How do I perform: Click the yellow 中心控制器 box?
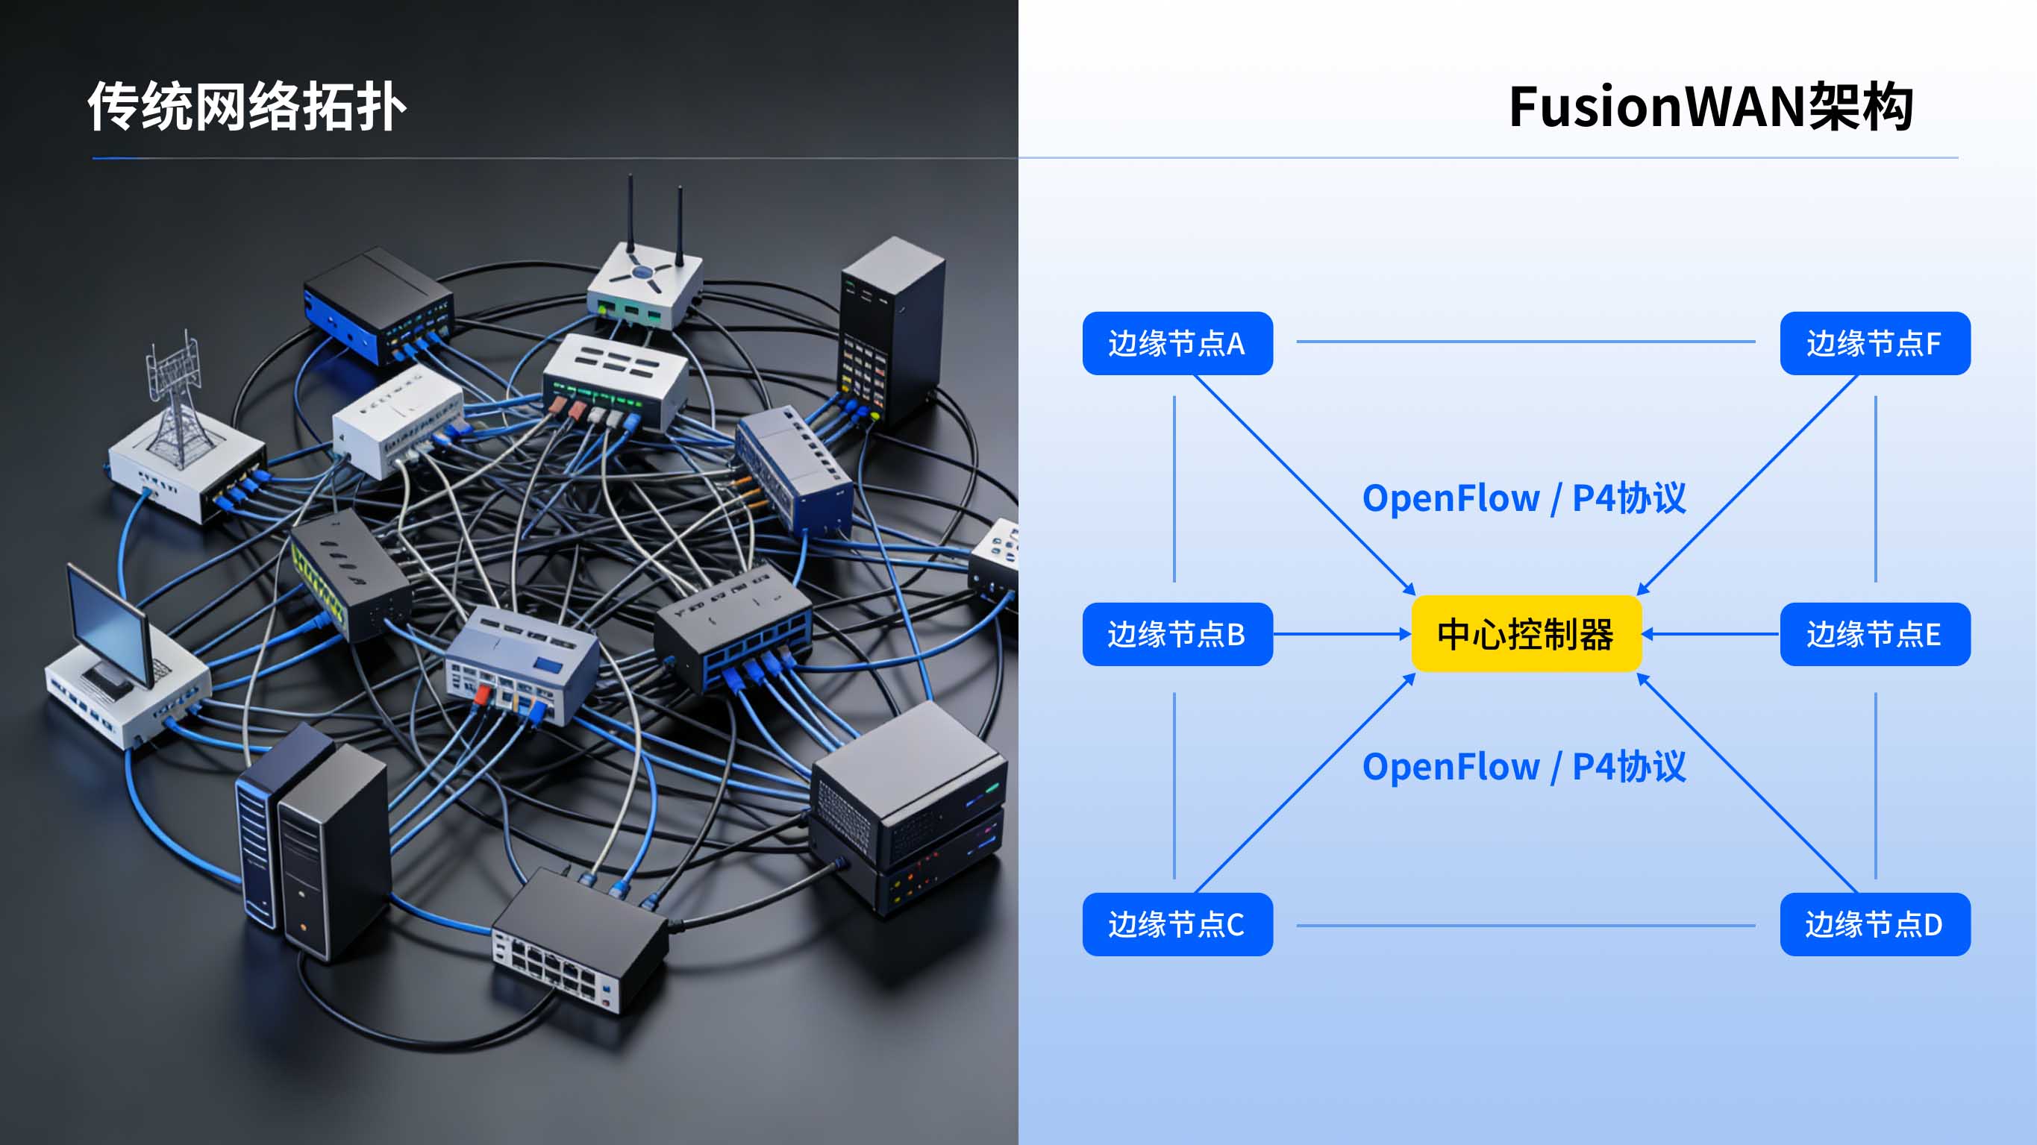coord(1526,633)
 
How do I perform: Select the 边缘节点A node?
coord(1177,343)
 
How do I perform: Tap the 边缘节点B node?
coord(1177,633)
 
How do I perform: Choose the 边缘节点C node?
coord(1177,923)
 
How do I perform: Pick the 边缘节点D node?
coord(1874,923)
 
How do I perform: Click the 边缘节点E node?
coord(1874,633)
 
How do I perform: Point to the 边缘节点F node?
coord(1874,343)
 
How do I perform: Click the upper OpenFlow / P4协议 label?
coord(1523,498)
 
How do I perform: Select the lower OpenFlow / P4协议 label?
coord(1523,766)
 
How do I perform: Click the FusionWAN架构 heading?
coord(1709,107)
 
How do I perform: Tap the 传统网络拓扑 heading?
coord(247,107)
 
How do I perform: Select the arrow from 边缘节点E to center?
coord(1712,633)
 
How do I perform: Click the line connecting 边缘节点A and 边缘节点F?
coord(1526,342)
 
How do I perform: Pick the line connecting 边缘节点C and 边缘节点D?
coord(1526,925)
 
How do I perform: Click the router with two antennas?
coord(645,280)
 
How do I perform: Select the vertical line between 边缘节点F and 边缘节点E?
coord(1875,489)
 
